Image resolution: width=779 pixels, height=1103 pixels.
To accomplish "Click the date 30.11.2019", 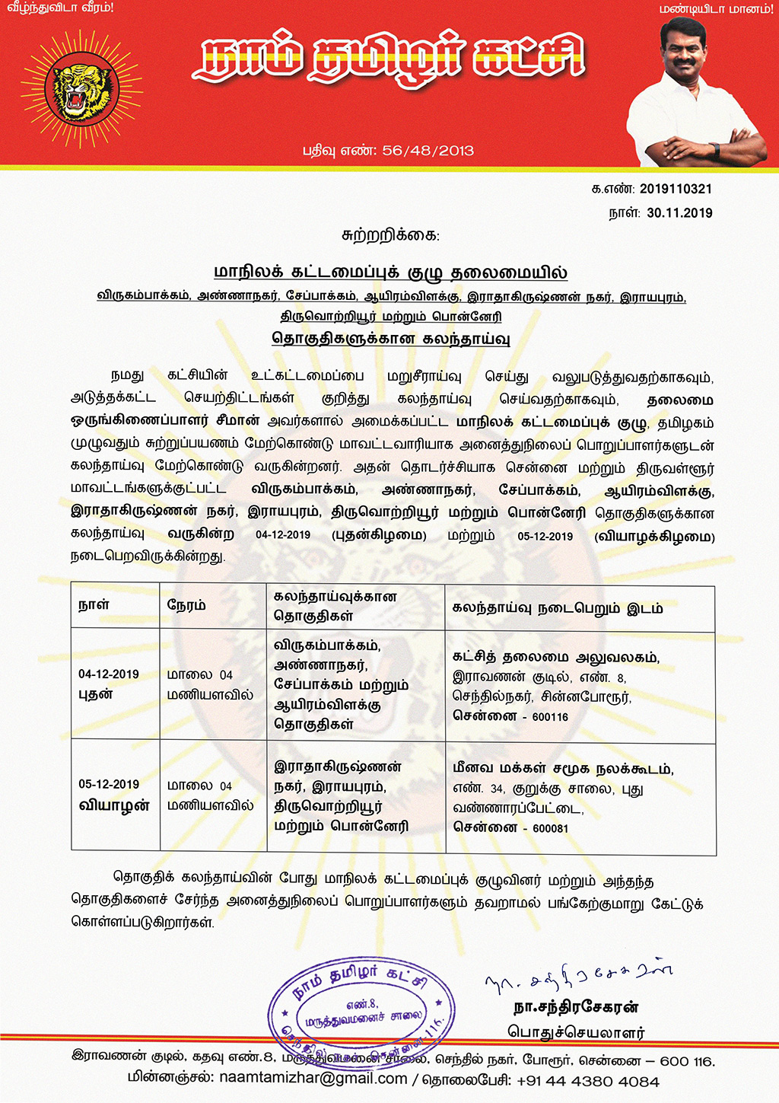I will [x=679, y=213].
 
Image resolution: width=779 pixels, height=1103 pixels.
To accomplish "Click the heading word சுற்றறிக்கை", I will [x=390, y=235].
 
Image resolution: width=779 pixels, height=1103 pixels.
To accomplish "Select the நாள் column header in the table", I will [x=94, y=605].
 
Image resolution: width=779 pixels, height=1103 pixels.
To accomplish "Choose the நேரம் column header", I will [x=186, y=605].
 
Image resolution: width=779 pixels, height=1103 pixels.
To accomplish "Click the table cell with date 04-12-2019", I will [x=109, y=674].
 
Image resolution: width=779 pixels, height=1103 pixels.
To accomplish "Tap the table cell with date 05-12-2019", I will [x=109, y=784].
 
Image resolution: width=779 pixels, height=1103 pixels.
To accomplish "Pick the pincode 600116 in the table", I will [x=550, y=717].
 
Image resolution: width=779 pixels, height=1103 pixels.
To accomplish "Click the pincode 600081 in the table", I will [x=550, y=828].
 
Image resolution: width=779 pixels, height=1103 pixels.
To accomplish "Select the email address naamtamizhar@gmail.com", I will [x=313, y=1079].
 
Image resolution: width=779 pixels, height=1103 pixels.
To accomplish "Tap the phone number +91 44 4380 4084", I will [x=587, y=1081].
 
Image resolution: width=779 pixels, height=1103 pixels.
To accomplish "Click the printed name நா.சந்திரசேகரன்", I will [x=576, y=1008].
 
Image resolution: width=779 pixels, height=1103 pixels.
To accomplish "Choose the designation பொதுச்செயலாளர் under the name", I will [x=576, y=1032].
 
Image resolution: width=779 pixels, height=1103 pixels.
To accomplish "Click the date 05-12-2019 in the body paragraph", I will [x=545, y=536].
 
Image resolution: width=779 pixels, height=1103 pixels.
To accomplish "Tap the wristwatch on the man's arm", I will [x=714, y=150].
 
